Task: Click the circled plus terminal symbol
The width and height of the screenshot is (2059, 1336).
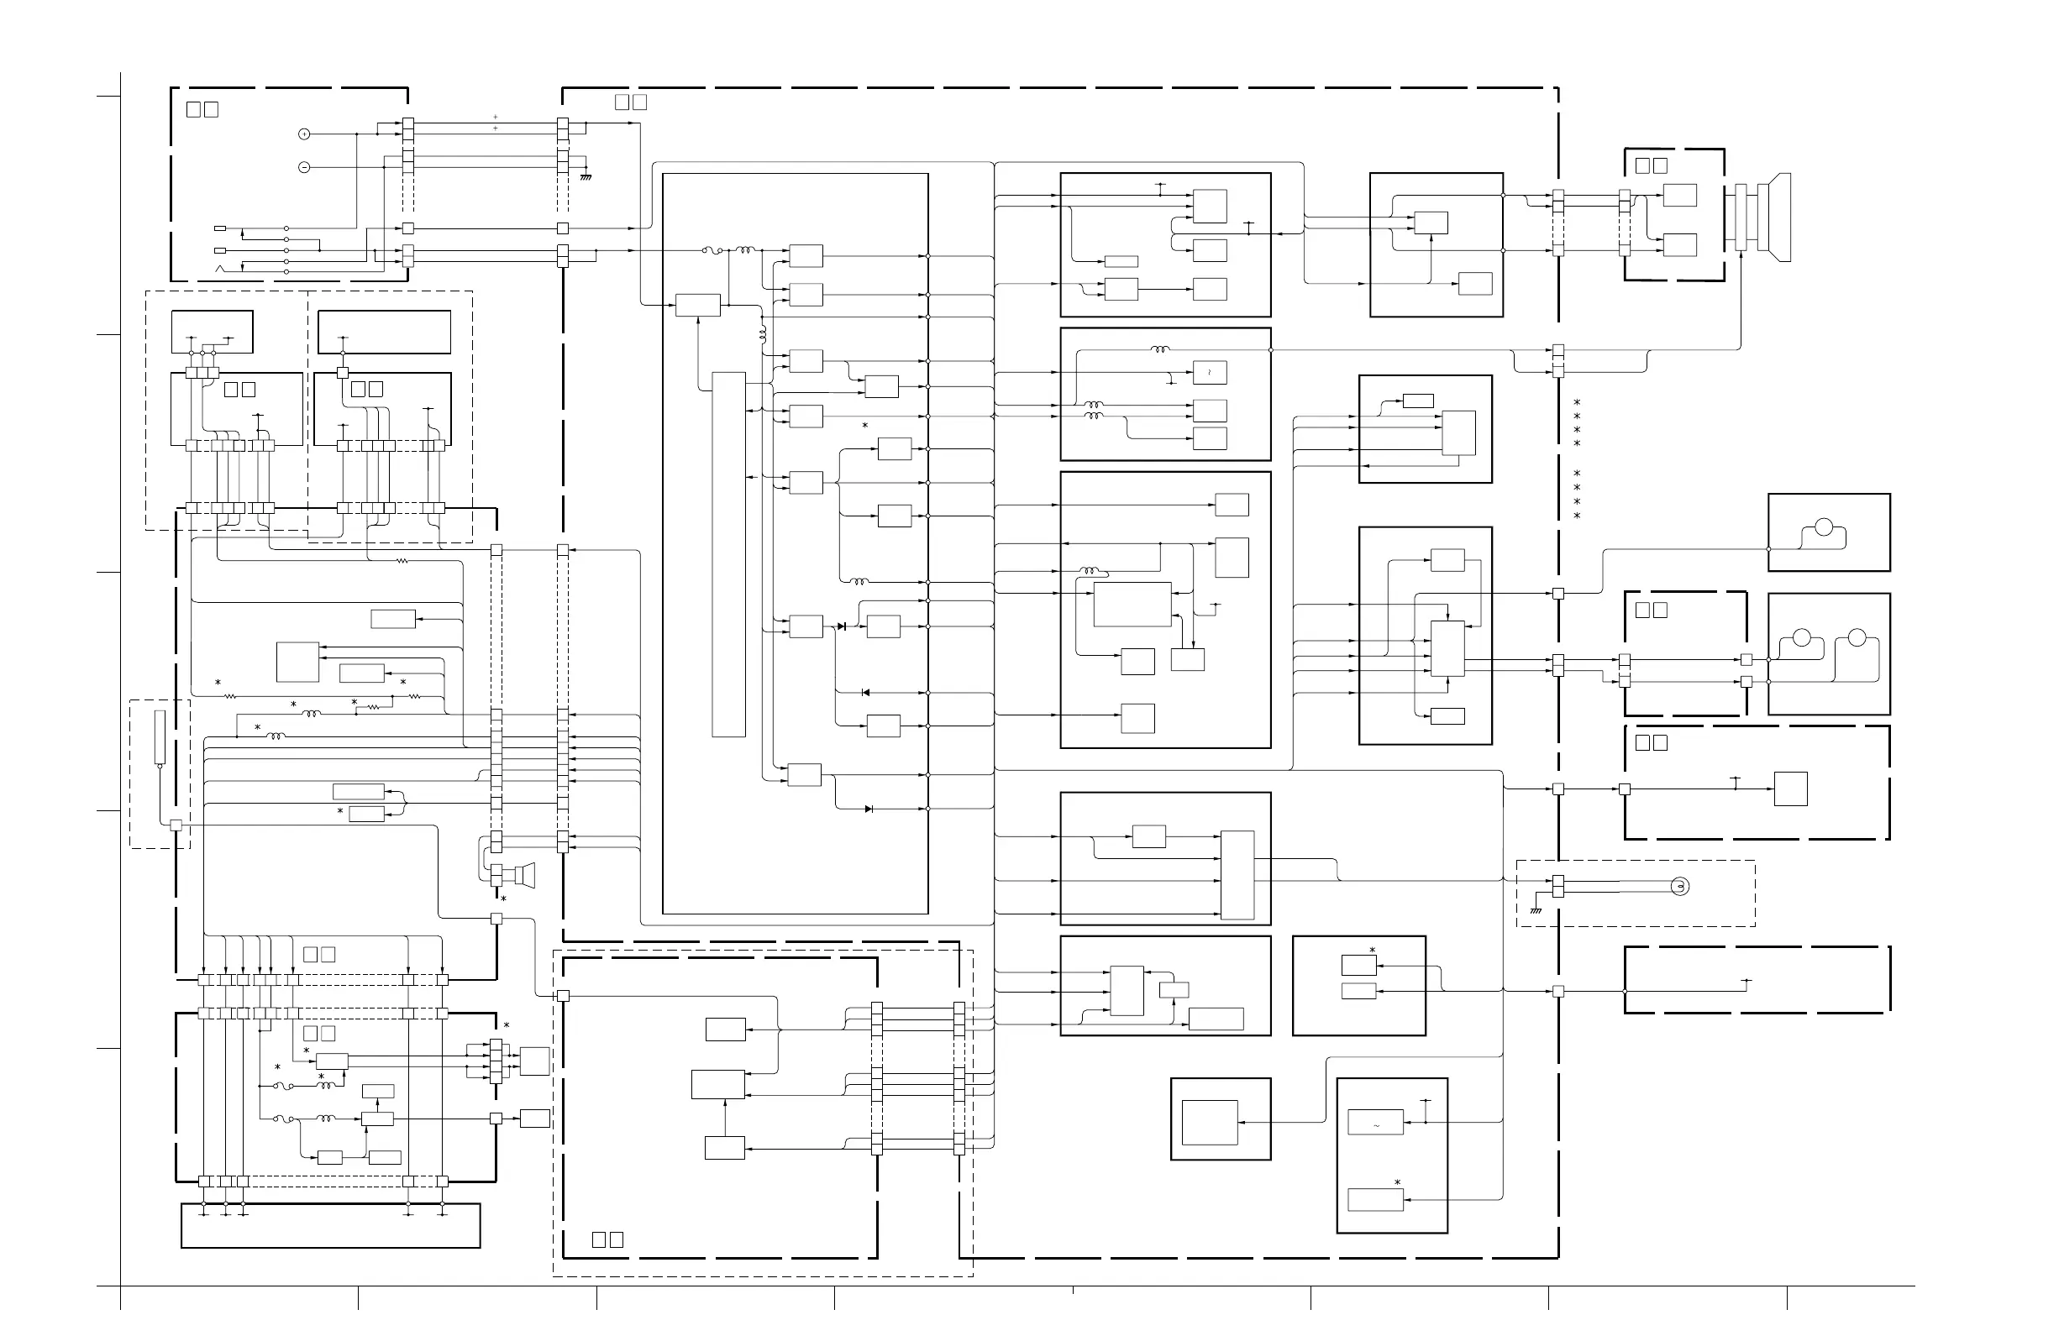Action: [x=303, y=134]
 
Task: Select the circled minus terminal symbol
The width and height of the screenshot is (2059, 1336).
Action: [x=303, y=167]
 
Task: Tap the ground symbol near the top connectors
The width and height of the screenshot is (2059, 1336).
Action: [x=586, y=176]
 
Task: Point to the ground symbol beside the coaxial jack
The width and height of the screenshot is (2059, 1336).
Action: [x=1536, y=909]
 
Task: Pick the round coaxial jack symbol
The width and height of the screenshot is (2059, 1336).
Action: [x=1679, y=887]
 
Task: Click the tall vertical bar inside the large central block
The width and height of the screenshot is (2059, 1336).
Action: [x=728, y=554]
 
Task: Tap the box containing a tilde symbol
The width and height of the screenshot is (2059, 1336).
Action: [x=1375, y=1123]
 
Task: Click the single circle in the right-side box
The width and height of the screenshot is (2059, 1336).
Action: [x=1824, y=527]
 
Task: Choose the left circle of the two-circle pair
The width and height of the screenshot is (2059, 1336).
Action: [x=1801, y=638]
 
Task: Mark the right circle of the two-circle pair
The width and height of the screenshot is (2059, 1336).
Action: [x=1857, y=638]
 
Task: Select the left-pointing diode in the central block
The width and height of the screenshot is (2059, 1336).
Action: [x=865, y=693]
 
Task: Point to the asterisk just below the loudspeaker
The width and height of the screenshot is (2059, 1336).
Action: [x=503, y=900]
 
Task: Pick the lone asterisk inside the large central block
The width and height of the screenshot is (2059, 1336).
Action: [x=864, y=427]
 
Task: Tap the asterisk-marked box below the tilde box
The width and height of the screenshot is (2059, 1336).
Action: [x=1375, y=1199]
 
